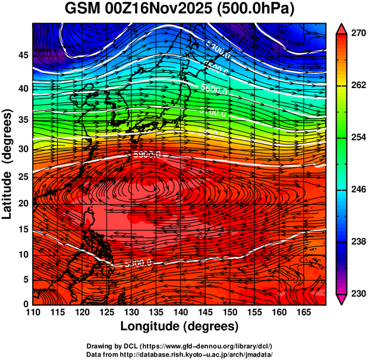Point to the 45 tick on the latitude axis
tap(22, 55)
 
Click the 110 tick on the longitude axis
tap(32, 312)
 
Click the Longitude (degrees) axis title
tap(180, 327)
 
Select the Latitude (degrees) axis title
tap(8, 163)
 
